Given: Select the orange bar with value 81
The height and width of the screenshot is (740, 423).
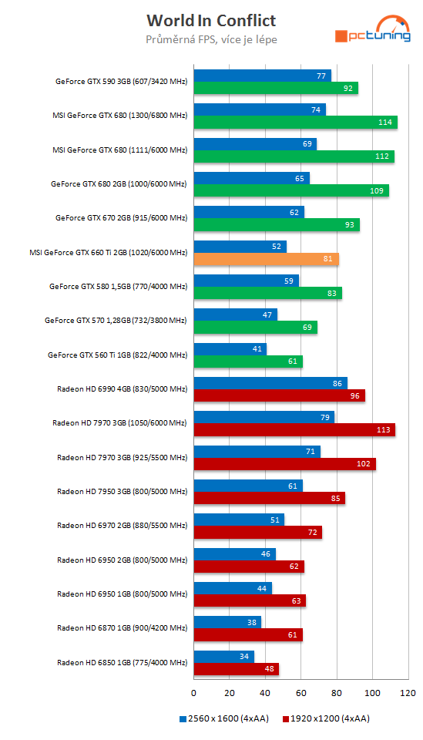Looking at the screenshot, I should [x=266, y=259].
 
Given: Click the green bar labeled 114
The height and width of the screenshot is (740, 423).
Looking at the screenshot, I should [x=295, y=122].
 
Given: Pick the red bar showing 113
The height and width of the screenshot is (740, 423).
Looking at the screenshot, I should [x=294, y=430].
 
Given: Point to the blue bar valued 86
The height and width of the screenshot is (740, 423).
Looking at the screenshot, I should [x=270, y=383].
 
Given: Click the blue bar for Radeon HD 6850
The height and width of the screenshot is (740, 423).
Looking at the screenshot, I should [x=223, y=657].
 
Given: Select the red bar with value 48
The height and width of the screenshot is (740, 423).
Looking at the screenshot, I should [x=236, y=669].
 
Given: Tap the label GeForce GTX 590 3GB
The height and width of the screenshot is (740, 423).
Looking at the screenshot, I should [x=122, y=81].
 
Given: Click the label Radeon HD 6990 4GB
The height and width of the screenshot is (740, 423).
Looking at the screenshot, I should [x=122, y=389].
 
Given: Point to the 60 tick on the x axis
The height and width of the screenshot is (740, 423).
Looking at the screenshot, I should [x=301, y=692].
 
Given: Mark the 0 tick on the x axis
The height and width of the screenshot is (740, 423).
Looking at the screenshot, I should [x=193, y=692].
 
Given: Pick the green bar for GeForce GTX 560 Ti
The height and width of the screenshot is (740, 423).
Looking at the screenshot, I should [x=247, y=362].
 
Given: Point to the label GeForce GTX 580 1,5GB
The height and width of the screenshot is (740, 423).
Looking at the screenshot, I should [x=118, y=286].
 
